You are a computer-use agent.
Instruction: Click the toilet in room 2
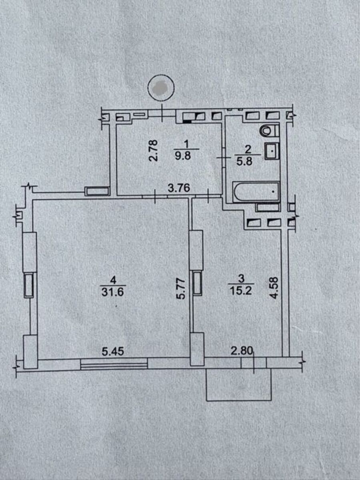(x=269, y=130)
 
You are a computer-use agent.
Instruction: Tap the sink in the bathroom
(x=272, y=151)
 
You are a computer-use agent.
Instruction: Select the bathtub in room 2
(x=256, y=192)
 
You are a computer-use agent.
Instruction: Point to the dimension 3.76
(x=179, y=188)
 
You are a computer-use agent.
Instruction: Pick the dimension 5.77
(x=181, y=289)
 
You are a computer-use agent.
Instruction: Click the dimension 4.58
(x=274, y=288)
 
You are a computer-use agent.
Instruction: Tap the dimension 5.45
(x=113, y=352)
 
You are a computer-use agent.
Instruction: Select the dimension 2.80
(x=242, y=352)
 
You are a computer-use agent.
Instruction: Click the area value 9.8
(x=183, y=156)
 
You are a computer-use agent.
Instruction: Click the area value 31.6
(x=113, y=292)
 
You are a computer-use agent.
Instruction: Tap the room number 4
(x=113, y=280)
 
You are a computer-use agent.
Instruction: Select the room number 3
(x=241, y=278)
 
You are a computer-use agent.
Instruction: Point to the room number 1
(x=186, y=144)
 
